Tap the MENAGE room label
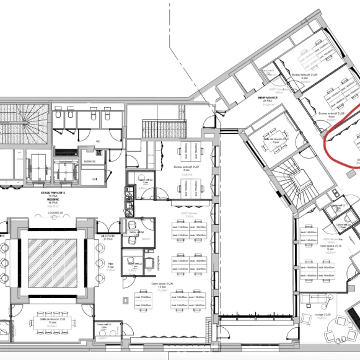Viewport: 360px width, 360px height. coord(89,161)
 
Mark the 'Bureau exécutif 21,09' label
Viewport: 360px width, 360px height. coord(305,74)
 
